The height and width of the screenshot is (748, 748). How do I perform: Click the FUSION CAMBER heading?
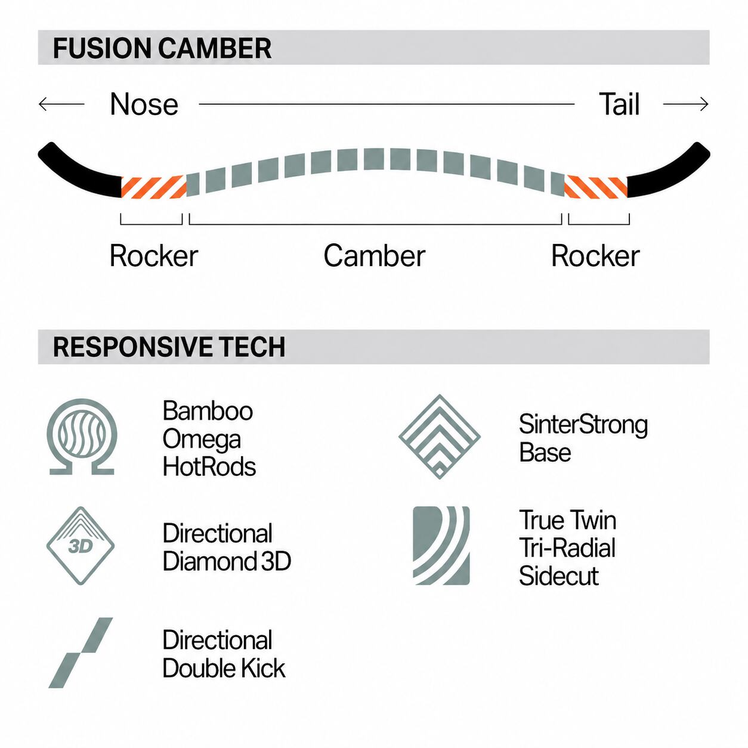(162, 48)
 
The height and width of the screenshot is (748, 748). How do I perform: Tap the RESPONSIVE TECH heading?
(169, 347)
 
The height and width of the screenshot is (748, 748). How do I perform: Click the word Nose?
(144, 104)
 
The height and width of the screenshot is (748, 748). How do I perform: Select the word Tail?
(619, 104)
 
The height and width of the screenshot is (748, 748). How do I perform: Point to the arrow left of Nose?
(61, 104)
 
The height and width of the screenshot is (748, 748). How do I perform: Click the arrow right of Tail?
(686, 104)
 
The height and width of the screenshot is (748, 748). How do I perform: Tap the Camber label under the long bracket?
(374, 256)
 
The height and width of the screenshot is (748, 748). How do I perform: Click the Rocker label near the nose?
(154, 256)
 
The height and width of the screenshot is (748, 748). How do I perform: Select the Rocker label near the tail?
(595, 256)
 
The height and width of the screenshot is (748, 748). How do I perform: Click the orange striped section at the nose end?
(154, 187)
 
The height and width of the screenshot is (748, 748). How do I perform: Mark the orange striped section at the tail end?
(596, 187)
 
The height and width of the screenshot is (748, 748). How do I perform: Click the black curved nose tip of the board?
(78, 171)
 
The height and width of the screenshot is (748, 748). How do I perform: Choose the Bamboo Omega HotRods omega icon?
(82, 437)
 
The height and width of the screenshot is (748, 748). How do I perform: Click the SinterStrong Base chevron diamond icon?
(440, 437)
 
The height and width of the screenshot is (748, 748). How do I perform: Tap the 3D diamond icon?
(81, 545)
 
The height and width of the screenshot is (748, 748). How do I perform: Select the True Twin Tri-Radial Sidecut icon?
(441, 545)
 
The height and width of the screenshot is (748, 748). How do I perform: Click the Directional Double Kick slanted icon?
(81, 653)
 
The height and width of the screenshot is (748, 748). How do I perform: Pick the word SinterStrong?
(583, 425)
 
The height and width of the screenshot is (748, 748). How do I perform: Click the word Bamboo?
(208, 410)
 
